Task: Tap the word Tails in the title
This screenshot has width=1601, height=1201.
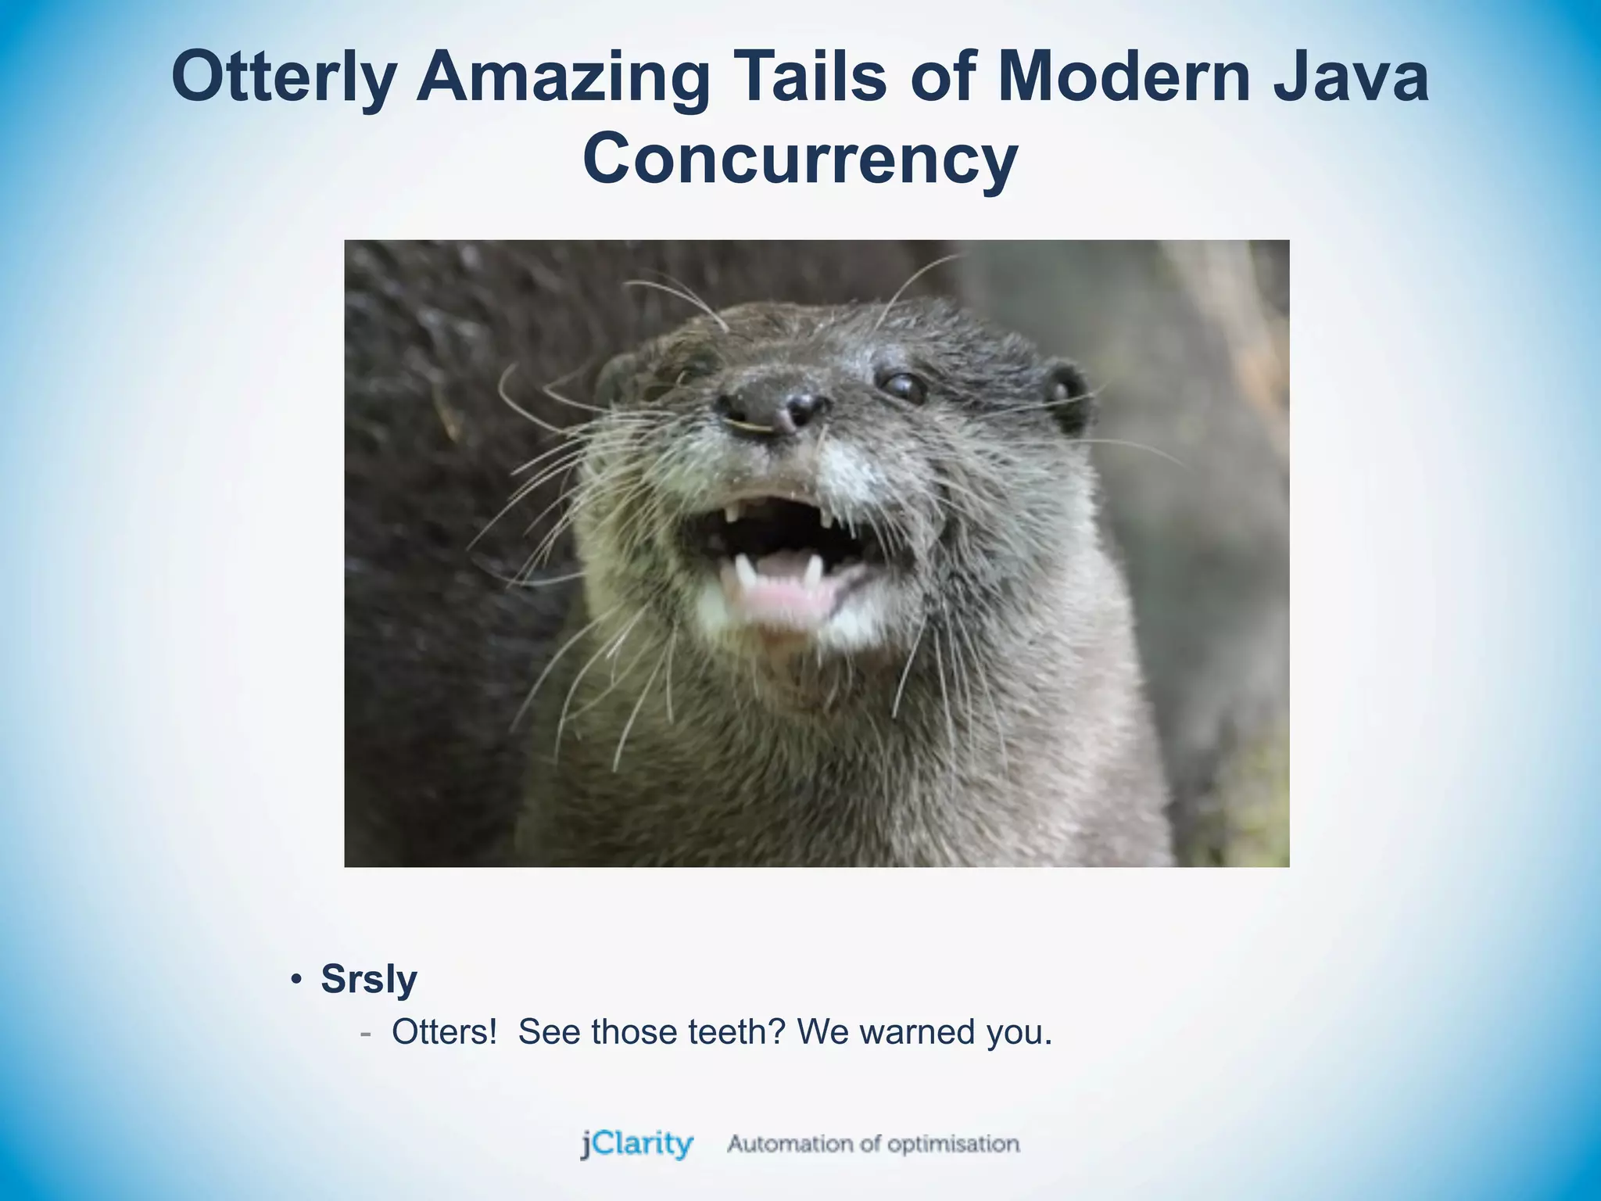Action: click(x=813, y=77)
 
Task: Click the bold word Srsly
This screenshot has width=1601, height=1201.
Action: click(x=369, y=980)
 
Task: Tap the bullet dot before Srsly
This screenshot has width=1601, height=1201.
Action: click(x=295, y=980)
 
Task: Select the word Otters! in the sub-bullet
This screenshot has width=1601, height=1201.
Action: click(x=444, y=1032)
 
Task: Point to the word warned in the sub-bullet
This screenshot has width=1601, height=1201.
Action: click(x=916, y=1032)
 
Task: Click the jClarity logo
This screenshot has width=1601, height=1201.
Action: click(x=636, y=1144)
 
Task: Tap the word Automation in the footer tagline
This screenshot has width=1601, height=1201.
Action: click(x=790, y=1144)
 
